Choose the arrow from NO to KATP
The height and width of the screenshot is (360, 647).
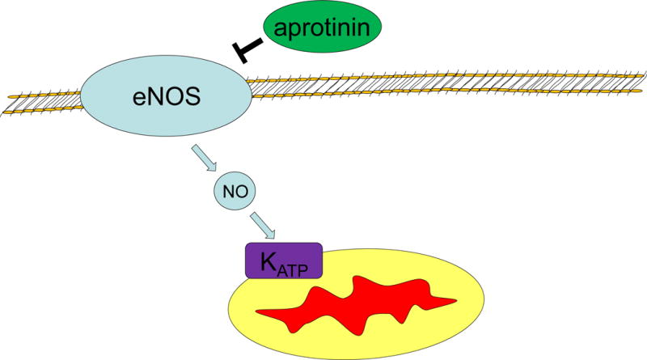pos(264,226)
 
